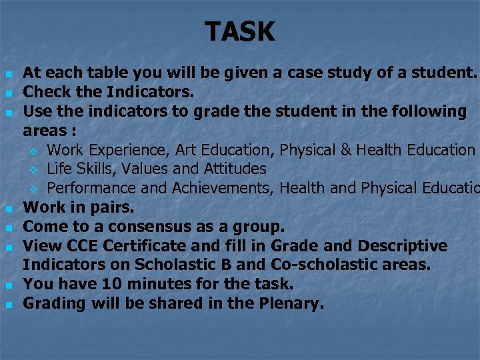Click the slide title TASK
point(240,31)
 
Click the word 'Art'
point(187,149)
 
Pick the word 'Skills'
point(95,169)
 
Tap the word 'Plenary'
point(291,303)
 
